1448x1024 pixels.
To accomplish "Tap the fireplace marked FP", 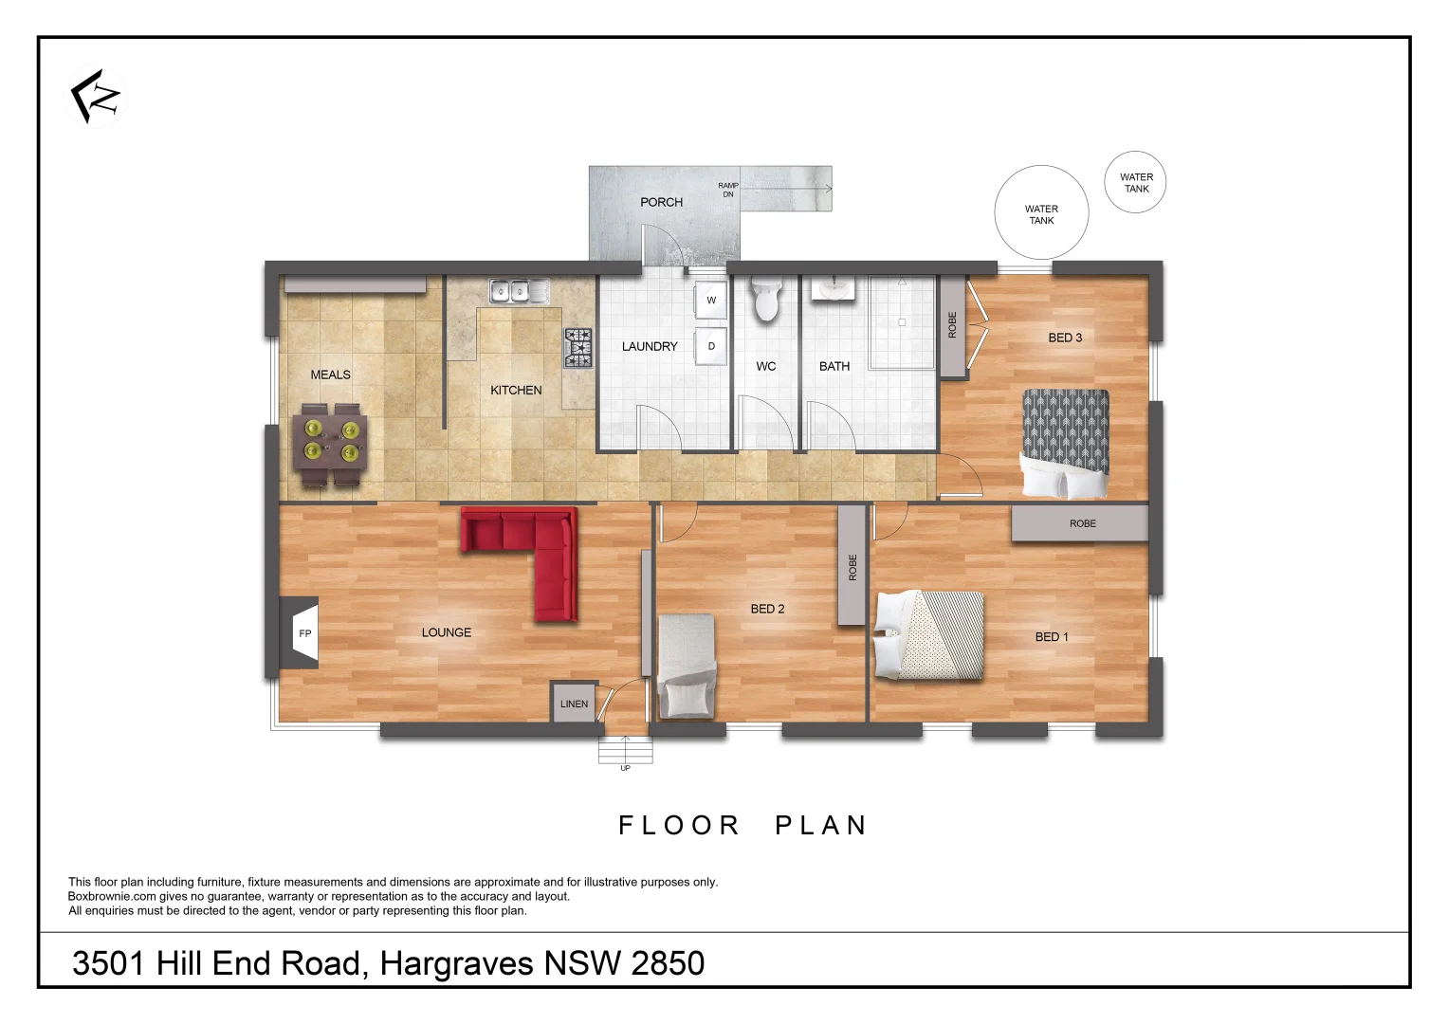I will coord(300,633).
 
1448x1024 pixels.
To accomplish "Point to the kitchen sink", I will coord(518,291).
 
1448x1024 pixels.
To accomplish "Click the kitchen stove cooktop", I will coord(577,347).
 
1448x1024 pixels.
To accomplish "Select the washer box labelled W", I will coord(711,301).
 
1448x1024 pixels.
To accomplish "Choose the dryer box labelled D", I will coord(711,346).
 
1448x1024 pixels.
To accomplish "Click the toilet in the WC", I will coord(765,299).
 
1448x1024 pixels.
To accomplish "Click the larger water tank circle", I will coord(1041,213).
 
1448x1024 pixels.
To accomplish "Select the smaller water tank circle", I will coord(1135,182).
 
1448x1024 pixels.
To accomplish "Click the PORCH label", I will coord(661,202).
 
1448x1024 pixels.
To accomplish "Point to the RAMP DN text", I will coord(727,190).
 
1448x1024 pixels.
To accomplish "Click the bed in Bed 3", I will coord(1065,443).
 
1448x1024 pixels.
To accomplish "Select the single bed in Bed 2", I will coord(687,666).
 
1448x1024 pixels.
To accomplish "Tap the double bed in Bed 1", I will coord(930,635).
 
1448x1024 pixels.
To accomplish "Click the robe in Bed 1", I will coord(1080,523).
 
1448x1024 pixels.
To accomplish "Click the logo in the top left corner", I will coord(96,96).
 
